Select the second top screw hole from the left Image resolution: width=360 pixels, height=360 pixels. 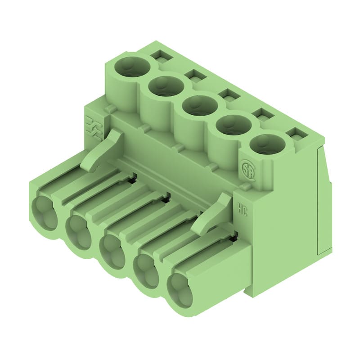click(166, 85)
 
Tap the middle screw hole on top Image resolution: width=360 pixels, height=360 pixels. click(200, 105)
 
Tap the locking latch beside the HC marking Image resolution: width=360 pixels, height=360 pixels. click(211, 214)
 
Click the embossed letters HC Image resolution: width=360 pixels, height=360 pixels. click(242, 207)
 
